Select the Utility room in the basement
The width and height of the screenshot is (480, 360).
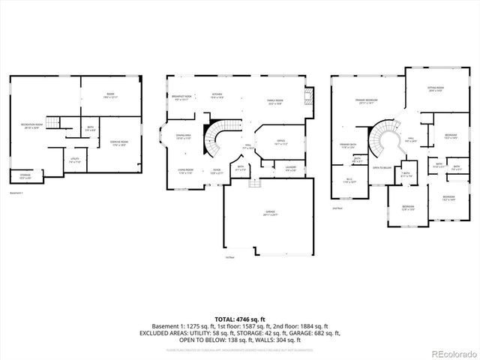75,160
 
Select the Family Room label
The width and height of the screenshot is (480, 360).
274,101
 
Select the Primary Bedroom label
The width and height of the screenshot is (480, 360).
367,101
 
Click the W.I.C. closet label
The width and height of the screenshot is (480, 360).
349,180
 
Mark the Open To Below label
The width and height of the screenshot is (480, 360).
382,168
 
